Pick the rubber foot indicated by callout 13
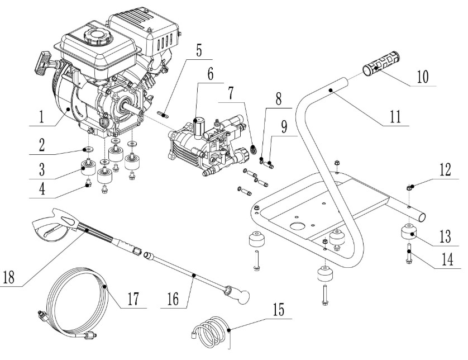click(409, 233)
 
